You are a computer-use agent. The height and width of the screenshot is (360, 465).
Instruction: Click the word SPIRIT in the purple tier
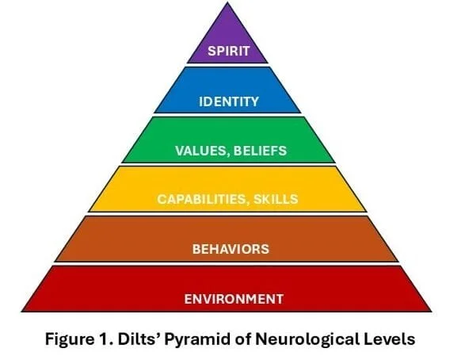[x=228, y=51]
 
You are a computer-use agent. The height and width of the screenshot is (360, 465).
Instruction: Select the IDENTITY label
[x=229, y=101]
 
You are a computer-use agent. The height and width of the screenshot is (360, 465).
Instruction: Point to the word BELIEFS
[x=260, y=151]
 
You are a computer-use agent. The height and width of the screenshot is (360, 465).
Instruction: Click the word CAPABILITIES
[x=200, y=199]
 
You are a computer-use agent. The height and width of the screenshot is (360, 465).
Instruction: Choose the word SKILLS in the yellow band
[x=276, y=199]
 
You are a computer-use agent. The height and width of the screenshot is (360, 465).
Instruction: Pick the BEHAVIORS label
[x=231, y=249]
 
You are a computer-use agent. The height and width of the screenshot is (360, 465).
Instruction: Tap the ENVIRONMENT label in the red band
[x=234, y=299]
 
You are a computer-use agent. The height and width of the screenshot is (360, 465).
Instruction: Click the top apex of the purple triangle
[x=227, y=2]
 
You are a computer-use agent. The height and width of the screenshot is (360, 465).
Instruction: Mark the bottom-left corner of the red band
[x=22, y=312]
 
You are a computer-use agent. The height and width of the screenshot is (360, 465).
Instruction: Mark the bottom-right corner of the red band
[x=431, y=312]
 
